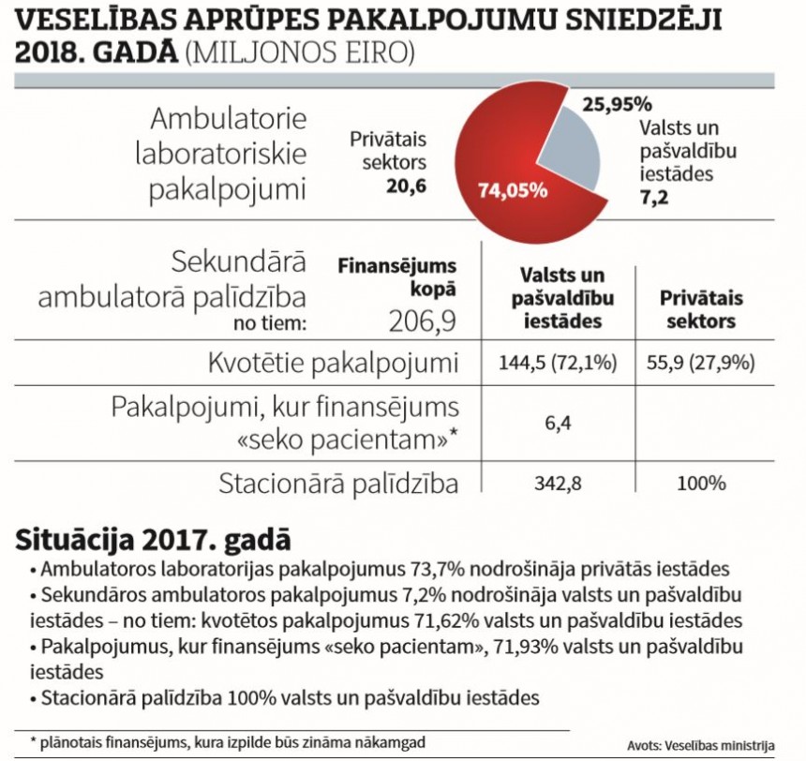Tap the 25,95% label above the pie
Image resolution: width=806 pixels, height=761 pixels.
pyautogui.click(x=617, y=103)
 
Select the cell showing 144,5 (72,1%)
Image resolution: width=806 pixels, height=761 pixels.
pyautogui.click(x=558, y=363)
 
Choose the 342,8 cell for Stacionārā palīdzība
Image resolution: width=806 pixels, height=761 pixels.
pyautogui.click(x=558, y=485)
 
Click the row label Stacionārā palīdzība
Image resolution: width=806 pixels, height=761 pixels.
pyautogui.click(x=338, y=485)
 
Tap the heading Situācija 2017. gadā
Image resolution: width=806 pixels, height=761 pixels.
pyautogui.click(x=153, y=540)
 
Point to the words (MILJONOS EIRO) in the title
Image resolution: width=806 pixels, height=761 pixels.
pyautogui.click(x=300, y=52)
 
